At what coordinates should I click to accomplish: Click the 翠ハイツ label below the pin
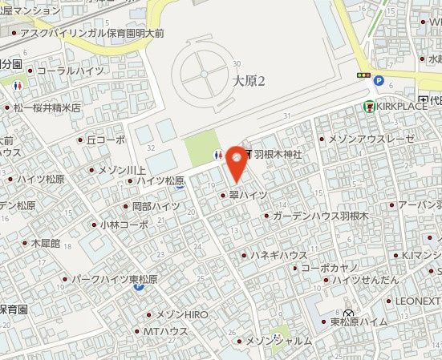[x=247, y=194]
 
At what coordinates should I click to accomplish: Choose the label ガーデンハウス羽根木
[x=319, y=216]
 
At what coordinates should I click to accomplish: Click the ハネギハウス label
[x=279, y=255]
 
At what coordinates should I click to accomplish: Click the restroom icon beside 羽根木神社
[x=218, y=155]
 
